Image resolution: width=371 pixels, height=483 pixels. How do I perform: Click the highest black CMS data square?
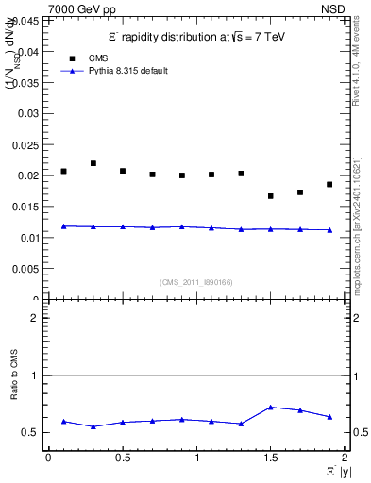coord(93,163)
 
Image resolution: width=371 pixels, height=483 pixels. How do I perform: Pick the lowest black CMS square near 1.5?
coord(271,196)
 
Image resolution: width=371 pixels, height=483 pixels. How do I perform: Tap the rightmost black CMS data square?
coord(329,184)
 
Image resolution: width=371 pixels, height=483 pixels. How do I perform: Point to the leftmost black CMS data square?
coord(63,171)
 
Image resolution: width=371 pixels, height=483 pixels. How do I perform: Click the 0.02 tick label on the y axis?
coord(30,175)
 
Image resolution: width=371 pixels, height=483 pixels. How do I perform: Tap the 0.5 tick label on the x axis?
coord(122,458)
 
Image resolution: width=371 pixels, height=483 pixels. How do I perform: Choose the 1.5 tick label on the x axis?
coord(270,458)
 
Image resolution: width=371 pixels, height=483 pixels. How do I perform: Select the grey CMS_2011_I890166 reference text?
coord(194,281)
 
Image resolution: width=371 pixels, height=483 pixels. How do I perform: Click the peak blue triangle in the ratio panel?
coord(271,407)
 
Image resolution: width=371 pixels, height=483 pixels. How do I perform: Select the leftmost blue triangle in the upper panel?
coord(63,225)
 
